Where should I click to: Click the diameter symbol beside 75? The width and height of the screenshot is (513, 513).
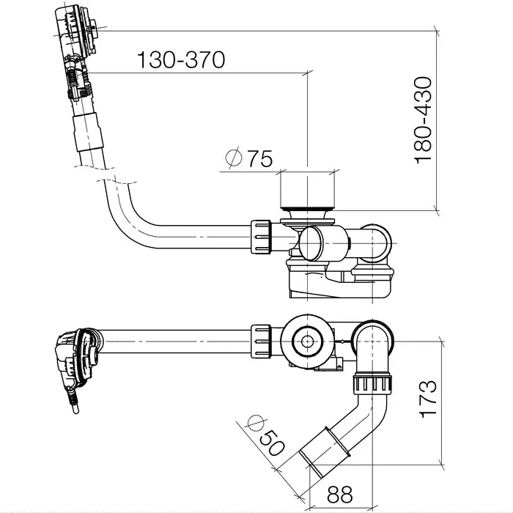(234, 158)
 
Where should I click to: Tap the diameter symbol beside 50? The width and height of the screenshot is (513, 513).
(256, 424)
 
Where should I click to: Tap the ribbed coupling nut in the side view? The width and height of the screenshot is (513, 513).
(260, 237)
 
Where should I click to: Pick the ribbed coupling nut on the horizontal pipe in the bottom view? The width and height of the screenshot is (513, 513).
(260, 339)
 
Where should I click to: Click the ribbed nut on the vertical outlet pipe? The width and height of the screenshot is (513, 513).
(372, 383)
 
